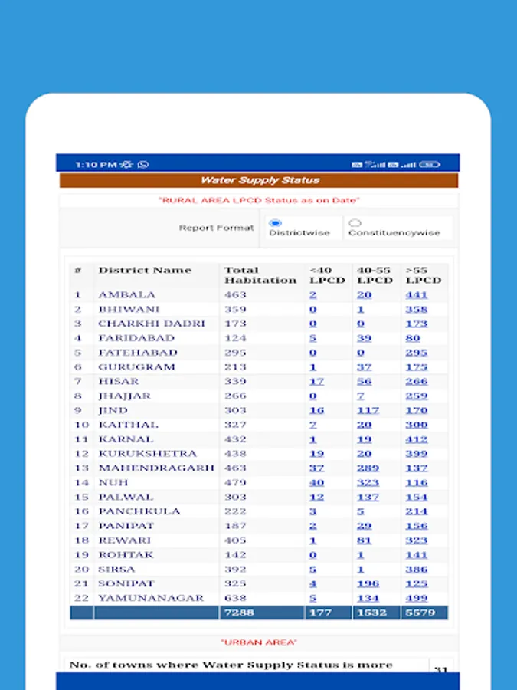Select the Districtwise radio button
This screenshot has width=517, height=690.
tap(276, 223)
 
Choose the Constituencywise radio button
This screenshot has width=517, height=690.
tap(355, 223)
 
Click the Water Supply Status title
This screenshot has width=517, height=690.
tap(260, 180)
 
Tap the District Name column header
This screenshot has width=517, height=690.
tap(145, 271)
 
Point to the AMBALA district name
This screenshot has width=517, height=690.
tap(126, 294)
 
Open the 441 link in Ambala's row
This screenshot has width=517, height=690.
tap(417, 294)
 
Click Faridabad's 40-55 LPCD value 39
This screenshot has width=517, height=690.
tap(364, 338)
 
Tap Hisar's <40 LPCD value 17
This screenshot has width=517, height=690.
tap(316, 381)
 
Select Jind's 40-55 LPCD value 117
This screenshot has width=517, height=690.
tap(368, 410)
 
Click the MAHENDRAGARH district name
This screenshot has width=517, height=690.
tap(156, 468)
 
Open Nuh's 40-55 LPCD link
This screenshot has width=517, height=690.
tap(368, 482)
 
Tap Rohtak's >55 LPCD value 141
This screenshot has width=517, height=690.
tap(416, 555)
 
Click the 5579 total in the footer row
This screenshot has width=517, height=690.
tap(420, 613)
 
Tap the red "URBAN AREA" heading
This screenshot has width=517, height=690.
tap(259, 642)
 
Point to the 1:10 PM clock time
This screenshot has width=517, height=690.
tap(95, 164)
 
